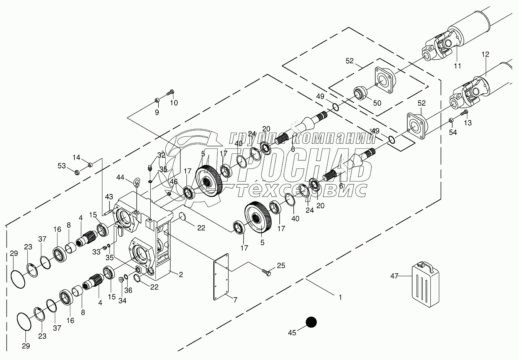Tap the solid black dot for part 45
tap(311, 322)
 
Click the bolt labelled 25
tap(266, 272)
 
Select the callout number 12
tap(485, 54)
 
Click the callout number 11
tap(457, 66)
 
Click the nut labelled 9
tap(157, 101)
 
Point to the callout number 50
tap(377, 103)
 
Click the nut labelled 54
tap(451, 121)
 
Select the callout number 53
tap(62, 166)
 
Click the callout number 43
tap(109, 197)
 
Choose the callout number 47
tap(394, 276)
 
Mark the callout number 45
tap(292, 332)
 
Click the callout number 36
tap(128, 290)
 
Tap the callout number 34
tap(122, 300)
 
